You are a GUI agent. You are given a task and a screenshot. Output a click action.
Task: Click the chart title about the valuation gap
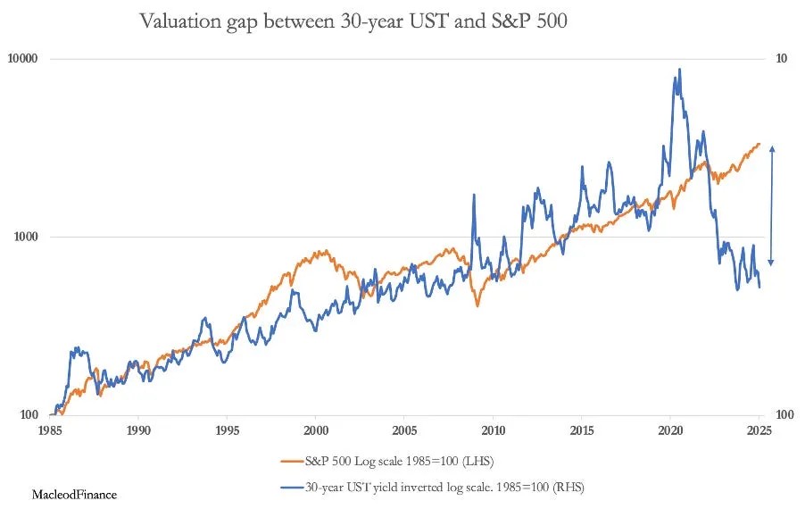[353, 21]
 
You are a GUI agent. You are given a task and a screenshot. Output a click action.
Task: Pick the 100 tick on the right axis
[784, 415]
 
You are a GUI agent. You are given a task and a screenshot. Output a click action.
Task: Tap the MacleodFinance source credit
[75, 493]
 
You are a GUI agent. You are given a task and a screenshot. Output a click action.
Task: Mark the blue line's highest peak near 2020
[680, 69]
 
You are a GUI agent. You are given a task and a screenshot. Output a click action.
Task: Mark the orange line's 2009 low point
[477, 305]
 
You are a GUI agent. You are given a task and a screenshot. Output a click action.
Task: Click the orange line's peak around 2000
[326, 251]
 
